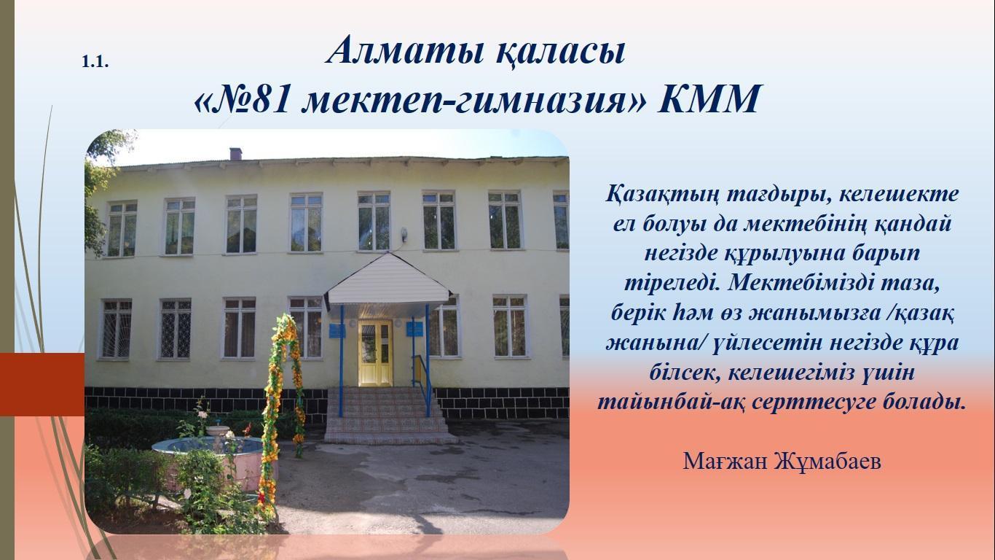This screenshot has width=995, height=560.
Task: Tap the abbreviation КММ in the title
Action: coord(709,98)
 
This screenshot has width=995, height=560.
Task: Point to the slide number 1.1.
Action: coord(95,62)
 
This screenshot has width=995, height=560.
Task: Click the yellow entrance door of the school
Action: coord(375,353)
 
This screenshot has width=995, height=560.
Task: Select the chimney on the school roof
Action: coord(235,154)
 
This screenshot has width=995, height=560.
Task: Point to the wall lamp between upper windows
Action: coord(404,233)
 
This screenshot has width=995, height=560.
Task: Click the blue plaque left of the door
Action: coord(337,330)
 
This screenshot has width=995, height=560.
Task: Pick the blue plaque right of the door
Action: coord(414,329)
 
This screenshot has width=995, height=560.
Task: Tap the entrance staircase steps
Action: coord(388,415)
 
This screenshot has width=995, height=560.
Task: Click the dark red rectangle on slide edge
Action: coord(42,384)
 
